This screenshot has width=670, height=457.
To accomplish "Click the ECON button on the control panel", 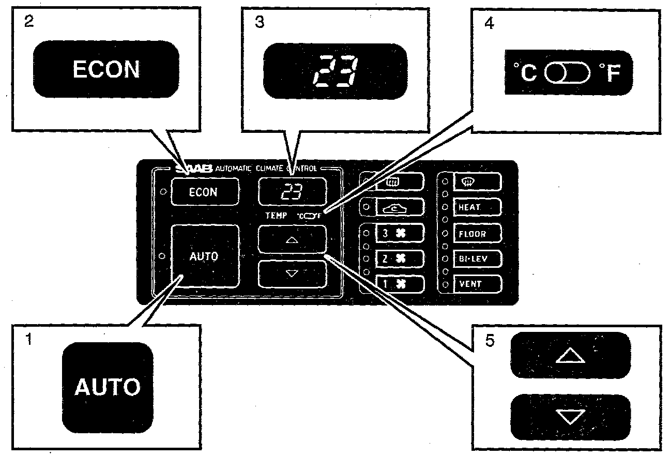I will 204,192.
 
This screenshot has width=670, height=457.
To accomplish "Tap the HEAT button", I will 477,207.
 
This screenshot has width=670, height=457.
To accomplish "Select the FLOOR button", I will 477,234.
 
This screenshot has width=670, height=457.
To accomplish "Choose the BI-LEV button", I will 477,258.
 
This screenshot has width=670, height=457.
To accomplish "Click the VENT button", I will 477,284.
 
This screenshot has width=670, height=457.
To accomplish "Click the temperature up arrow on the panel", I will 292,239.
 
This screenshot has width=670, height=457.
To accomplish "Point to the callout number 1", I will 29,341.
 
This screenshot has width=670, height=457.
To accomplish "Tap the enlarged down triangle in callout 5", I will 570,417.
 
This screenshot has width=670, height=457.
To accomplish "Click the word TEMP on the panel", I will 276,216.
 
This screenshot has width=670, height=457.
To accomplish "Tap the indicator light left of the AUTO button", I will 162,256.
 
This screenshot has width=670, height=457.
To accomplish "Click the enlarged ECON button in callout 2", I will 106,69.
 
